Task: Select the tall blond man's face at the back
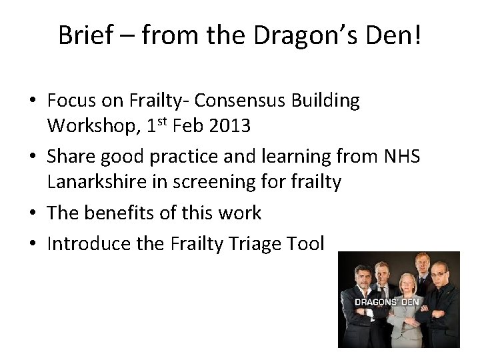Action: (x=422, y=262)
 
